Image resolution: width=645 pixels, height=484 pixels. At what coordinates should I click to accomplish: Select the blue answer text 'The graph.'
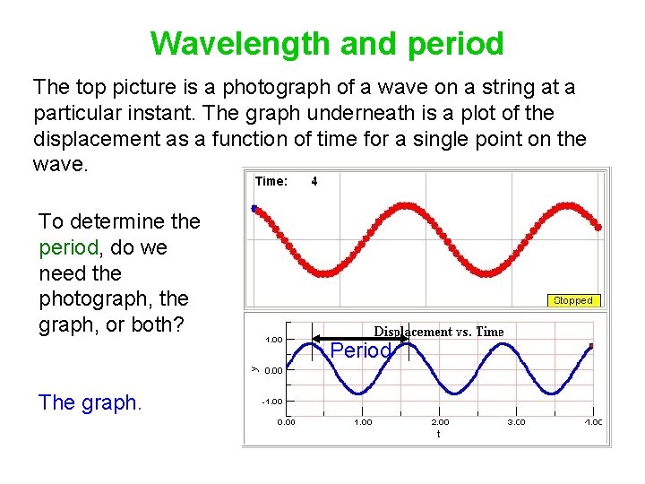[x=90, y=402]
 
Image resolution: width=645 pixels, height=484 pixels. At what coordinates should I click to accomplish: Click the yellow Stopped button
[x=572, y=301]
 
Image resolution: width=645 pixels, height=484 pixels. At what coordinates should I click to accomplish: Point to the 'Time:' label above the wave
[x=271, y=181]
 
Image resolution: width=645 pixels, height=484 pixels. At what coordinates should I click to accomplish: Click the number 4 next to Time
[x=314, y=181]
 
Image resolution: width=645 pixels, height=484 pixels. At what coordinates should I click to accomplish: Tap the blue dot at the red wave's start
[x=254, y=209]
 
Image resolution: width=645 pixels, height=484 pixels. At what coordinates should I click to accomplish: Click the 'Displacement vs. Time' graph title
[x=439, y=332]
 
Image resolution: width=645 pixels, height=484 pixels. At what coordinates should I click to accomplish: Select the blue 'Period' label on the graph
[x=360, y=351]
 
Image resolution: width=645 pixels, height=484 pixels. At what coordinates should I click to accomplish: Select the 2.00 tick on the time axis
[x=441, y=421]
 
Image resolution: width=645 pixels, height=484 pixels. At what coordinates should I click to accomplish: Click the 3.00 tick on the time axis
[x=518, y=421]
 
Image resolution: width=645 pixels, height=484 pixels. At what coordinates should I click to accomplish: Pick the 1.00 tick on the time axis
[x=363, y=421]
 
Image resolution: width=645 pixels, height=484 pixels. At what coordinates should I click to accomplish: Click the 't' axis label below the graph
[x=438, y=433]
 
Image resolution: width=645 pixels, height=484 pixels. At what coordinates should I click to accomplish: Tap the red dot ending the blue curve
[x=591, y=345]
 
